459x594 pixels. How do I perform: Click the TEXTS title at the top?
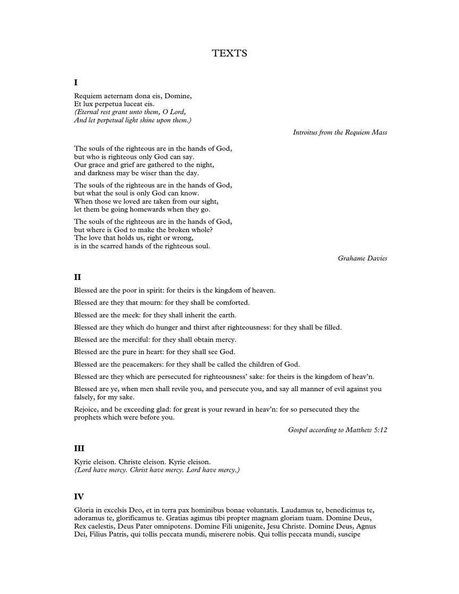point(229,53)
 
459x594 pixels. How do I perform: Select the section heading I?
point(76,82)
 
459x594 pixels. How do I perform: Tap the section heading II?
point(78,277)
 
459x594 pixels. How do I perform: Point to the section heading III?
point(79,448)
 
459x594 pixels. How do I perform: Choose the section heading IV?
point(79,497)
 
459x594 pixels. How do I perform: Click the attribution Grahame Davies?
point(362,258)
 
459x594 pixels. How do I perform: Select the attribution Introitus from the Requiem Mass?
point(340,132)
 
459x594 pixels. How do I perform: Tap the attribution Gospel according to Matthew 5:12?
point(337,430)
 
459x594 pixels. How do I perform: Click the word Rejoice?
point(87,410)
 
